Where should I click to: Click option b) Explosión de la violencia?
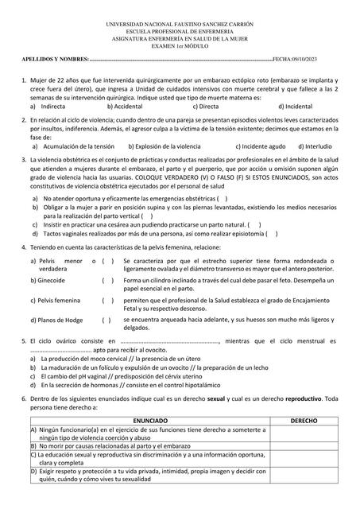pyautogui.click(x=167, y=146)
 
